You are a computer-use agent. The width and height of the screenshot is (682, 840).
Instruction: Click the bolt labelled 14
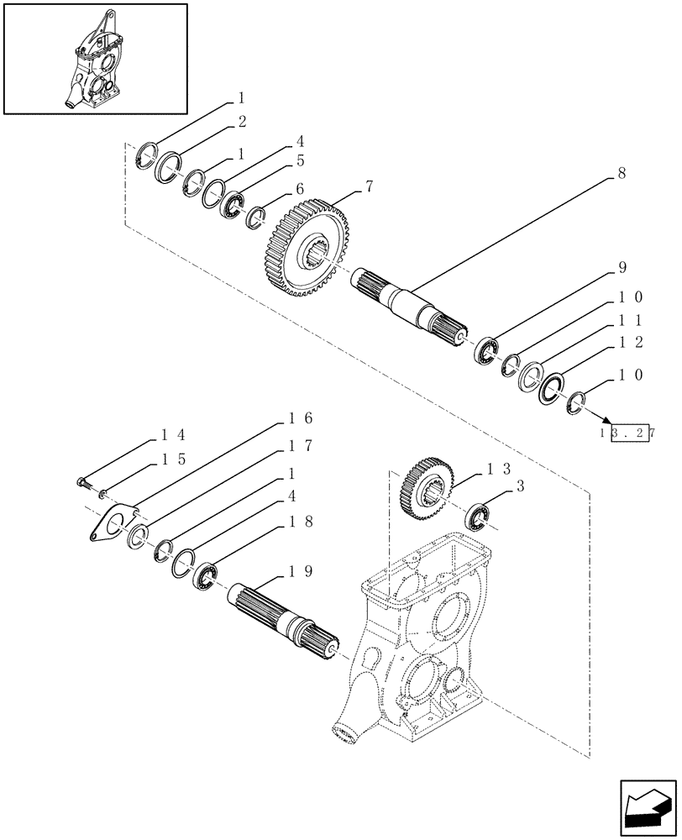click(x=79, y=484)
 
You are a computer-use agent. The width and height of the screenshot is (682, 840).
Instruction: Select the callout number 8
click(x=621, y=175)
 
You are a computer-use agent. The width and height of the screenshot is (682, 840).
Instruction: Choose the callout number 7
click(x=369, y=189)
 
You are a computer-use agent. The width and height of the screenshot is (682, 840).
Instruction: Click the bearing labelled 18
click(x=205, y=575)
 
